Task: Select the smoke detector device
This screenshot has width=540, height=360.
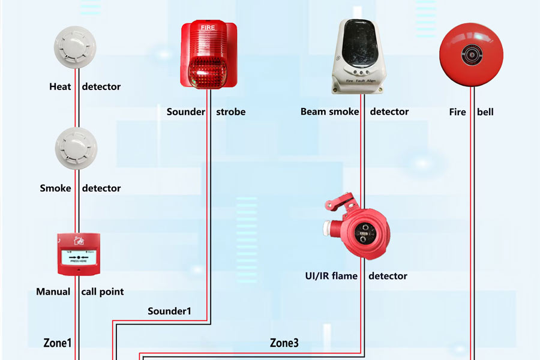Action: click(75, 148)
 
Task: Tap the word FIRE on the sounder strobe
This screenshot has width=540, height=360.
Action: click(206, 27)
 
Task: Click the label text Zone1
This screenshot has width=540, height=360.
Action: click(58, 343)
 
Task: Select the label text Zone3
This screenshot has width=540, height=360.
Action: click(284, 343)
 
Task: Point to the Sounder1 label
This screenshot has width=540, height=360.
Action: click(170, 311)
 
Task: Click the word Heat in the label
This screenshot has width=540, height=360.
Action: click(60, 86)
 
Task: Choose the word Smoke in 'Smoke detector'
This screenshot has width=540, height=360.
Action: click(56, 188)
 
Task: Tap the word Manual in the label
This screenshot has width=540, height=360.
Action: click(53, 292)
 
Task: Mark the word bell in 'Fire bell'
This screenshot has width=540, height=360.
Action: click(485, 112)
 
